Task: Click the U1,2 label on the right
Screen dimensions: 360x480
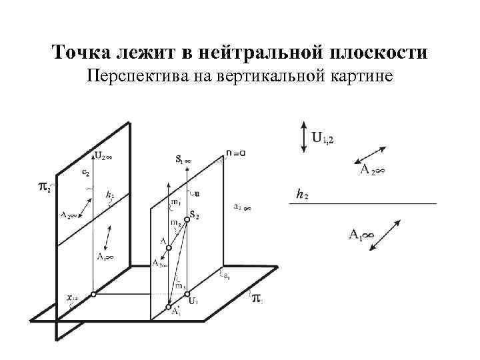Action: [323, 139]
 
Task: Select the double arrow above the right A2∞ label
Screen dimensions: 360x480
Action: [371, 153]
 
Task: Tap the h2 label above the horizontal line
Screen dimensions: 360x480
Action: [302, 195]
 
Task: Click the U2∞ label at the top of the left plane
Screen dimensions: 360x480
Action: [103, 156]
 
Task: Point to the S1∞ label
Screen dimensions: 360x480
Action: [183, 159]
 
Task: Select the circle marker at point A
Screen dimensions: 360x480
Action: [169, 248]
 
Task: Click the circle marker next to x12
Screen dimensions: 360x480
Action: [93, 294]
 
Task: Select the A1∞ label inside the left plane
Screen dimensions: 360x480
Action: [103, 256]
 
